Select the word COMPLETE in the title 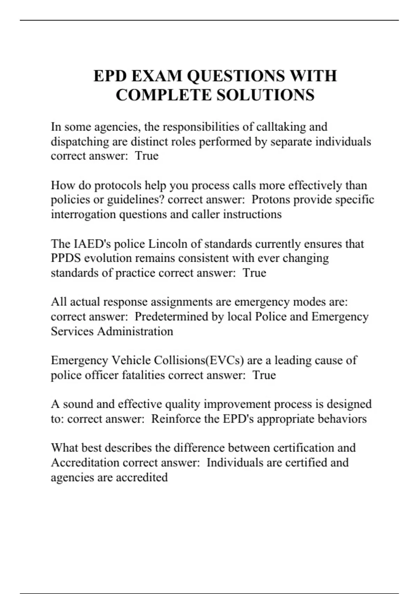(x=163, y=95)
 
